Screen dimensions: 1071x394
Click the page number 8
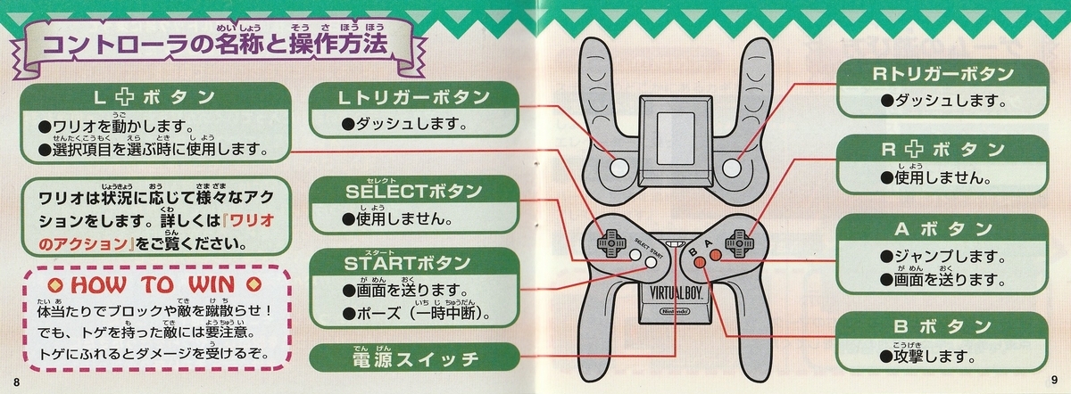tap(17, 382)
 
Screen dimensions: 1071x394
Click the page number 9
tap(1054, 380)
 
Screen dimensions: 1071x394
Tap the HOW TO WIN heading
tap(153, 284)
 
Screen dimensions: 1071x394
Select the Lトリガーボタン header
tap(414, 97)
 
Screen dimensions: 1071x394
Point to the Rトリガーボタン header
tap(942, 74)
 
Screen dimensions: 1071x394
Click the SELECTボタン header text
tap(413, 192)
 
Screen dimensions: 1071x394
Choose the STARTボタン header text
tap(407, 263)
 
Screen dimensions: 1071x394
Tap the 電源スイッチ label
tap(415, 359)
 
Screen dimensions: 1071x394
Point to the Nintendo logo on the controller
tap(675, 311)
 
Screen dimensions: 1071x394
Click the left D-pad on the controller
tap(610, 243)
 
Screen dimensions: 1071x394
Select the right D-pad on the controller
tap(739, 243)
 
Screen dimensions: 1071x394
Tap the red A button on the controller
tap(715, 255)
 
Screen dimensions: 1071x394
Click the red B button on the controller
tap(700, 262)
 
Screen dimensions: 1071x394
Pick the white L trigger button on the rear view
tap(619, 168)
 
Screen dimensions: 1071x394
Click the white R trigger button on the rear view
tap(731, 168)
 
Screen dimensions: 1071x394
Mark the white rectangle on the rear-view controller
tap(676, 138)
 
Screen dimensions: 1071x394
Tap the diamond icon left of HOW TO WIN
tap(56, 285)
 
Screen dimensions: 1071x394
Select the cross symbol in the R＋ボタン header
tap(914, 150)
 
